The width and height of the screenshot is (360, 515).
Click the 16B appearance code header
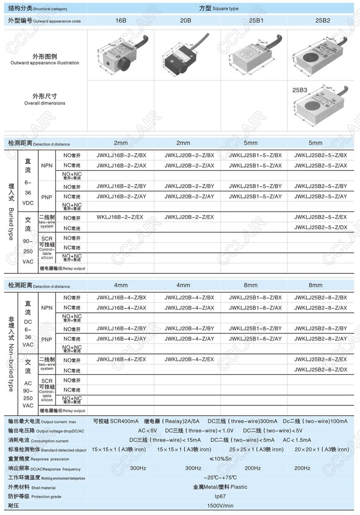(x=121, y=21)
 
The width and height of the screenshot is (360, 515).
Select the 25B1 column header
(x=251, y=21)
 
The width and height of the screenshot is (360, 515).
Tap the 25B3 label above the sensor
(x=300, y=90)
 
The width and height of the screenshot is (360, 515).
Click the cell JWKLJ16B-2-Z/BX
(x=121, y=155)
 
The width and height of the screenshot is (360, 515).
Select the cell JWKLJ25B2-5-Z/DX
(x=320, y=228)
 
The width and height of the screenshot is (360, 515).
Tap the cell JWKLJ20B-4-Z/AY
(x=189, y=339)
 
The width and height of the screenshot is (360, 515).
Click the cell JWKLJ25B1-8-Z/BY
(x=255, y=329)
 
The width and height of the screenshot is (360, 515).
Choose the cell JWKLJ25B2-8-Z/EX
(x=320, y=359)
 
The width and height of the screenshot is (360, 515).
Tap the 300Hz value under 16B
(x=138, y=468)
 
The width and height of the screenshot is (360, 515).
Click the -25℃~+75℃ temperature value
(x=219, y=477)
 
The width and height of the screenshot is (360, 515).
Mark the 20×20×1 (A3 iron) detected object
(x=322, y=449)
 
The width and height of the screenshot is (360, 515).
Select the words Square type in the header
(x=225, y=8)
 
